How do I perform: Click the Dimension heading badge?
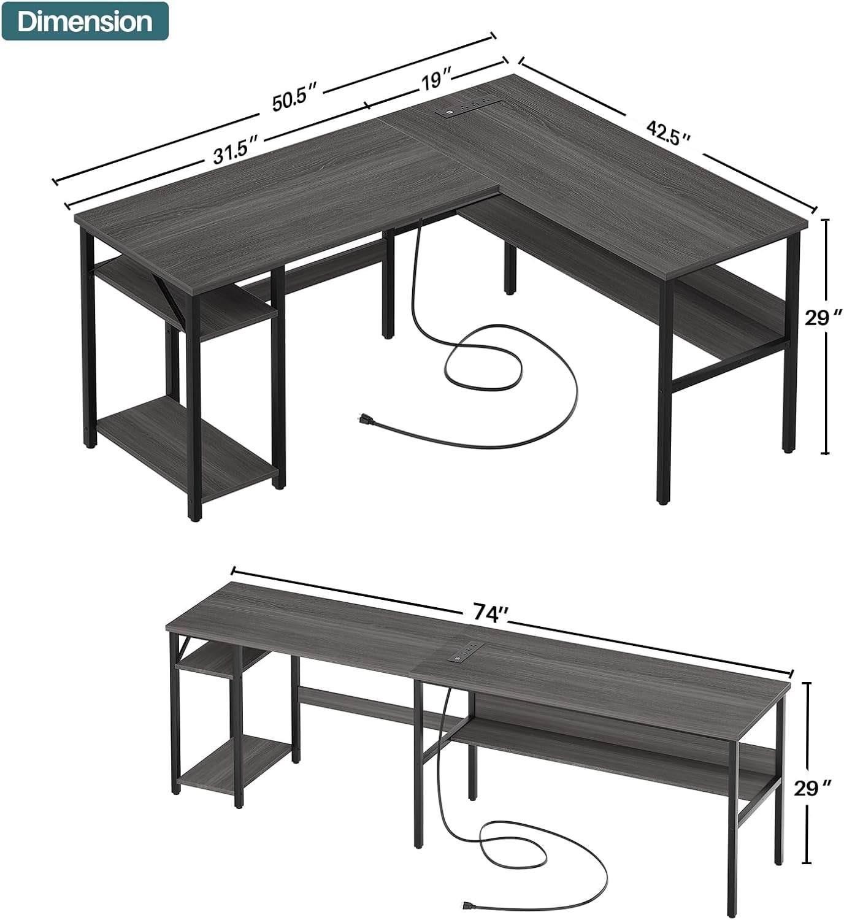tap(85, 21)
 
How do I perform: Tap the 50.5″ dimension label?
tap(295, 101)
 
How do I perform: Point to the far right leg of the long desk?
tap(780, 797)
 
